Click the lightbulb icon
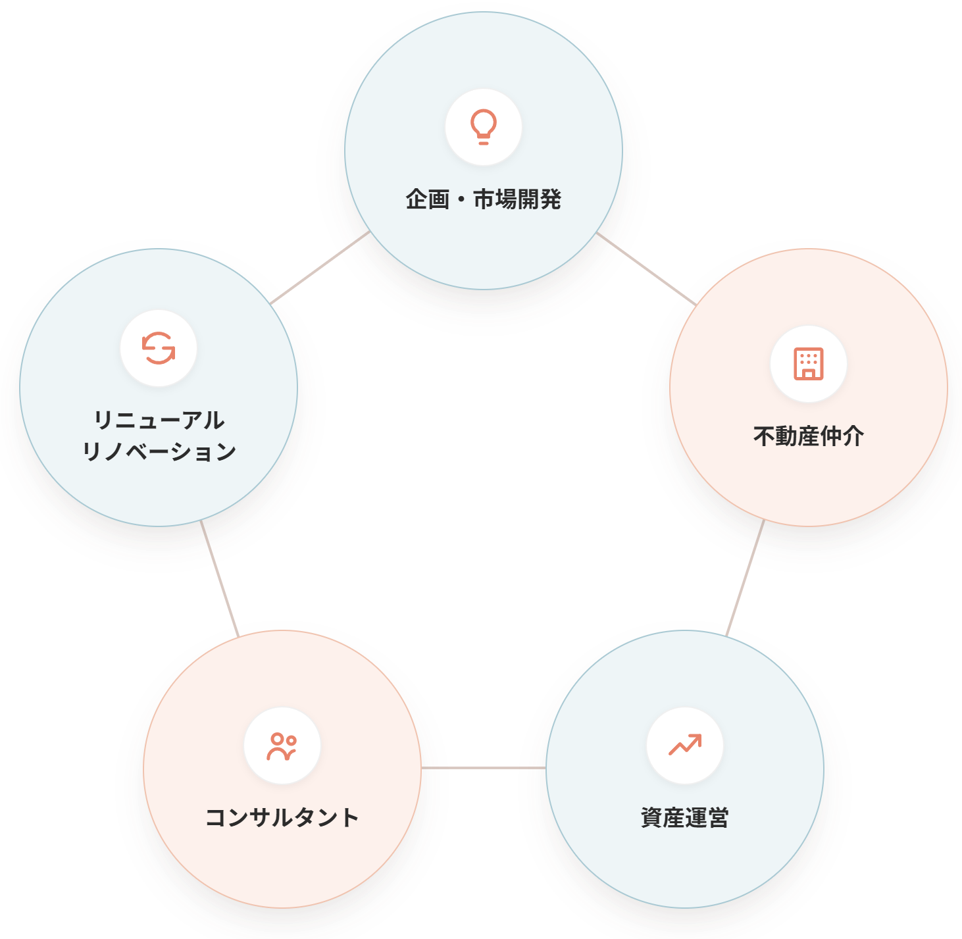point(483,127)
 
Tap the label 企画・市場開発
point(483,199)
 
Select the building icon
point(808,364)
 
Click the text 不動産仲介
point(808,436)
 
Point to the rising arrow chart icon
point(685,745)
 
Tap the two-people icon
point(282,746)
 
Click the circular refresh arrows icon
point(158,348)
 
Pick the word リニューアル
point(159,420)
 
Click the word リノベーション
point(159,451)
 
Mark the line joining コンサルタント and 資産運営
point(483,768)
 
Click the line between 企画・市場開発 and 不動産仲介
point(646,268)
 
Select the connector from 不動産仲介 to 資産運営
point(745,578)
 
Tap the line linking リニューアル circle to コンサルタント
point(220,578)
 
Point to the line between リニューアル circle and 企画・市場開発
point(320,268)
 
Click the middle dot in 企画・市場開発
point(461,200)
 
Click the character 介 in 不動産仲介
point(853,436)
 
